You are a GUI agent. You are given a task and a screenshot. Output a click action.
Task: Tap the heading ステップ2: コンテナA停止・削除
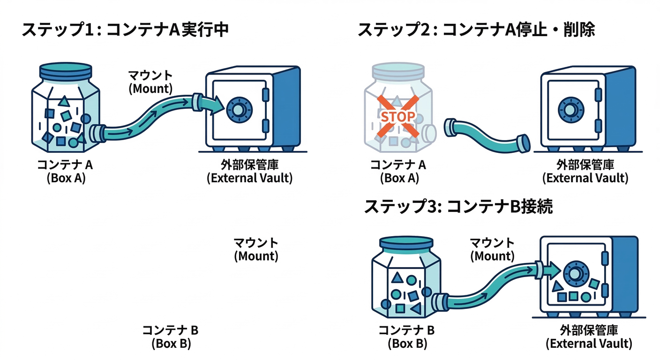pos(476,30)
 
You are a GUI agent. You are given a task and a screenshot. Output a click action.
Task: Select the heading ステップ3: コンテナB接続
pos(458,206)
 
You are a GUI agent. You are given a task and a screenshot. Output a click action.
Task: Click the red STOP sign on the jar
pos(397,116)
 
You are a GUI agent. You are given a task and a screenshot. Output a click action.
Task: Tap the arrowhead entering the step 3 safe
pos(553,270)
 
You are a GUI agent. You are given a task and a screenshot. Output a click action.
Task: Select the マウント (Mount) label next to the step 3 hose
pos(492,249)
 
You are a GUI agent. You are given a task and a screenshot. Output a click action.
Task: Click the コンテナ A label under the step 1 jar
pos(66,165)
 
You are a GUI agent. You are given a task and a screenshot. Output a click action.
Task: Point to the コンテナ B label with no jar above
pos(171,330)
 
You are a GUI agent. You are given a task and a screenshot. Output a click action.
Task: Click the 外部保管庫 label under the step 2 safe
pos(585,165)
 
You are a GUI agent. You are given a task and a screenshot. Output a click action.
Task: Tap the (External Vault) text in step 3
pos(589,344)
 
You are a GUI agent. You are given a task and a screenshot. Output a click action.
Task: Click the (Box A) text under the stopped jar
pos(399,178)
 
